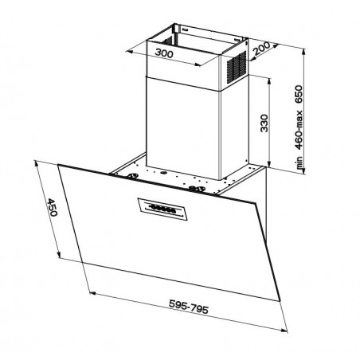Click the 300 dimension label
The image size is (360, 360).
pos(164,53)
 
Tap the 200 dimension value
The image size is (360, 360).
pos(261,49)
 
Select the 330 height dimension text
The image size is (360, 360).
pos(264,123)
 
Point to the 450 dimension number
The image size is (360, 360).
pos(52,207)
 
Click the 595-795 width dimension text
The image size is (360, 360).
pos(189,307)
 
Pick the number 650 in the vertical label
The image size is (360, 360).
pos(299,94)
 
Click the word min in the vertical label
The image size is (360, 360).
pos(299,163)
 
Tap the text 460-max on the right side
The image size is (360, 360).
pos(299,130)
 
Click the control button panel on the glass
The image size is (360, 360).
pos(162,209)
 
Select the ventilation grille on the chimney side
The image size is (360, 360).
pos(236,68)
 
